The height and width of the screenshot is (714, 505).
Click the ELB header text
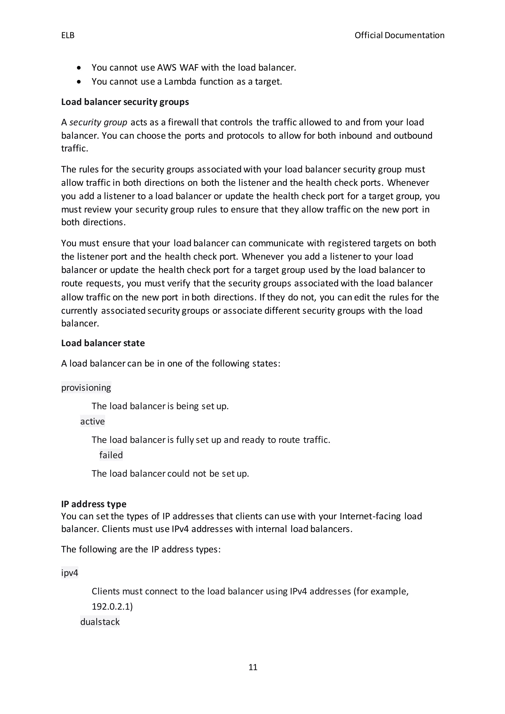[68, 36]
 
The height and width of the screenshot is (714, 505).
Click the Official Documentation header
[399, 36]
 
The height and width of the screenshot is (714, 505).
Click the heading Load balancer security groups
[125, 102]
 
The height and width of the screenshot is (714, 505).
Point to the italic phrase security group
[98, 123]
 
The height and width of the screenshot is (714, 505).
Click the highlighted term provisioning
[86, 388]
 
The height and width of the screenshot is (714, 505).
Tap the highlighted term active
[92, 422]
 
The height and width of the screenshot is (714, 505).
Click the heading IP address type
[94, 504]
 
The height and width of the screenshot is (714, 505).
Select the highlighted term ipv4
[70, 573]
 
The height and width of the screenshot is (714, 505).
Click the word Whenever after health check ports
[408, 183]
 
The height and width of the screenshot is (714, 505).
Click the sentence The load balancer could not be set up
[170, 474]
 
